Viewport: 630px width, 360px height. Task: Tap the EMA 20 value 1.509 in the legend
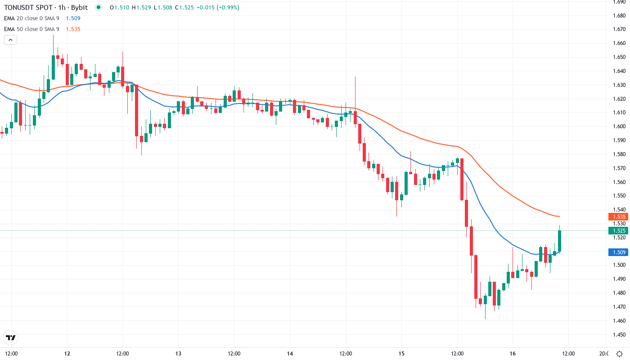click(x=73, y=18)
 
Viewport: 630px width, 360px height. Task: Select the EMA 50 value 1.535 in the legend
click(x=73, y=29)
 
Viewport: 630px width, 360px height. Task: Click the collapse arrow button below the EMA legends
click(x=10, y=40)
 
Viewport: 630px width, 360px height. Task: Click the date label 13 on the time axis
click(x=178, y=354)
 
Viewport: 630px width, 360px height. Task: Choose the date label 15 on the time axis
click(x=402, y=354)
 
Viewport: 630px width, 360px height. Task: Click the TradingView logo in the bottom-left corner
click(x=10, y=337)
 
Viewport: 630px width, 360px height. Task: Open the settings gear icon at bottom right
click(x=619, y=354)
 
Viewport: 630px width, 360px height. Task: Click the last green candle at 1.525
click(x=560, y=241)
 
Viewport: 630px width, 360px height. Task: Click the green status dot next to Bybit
click(x=99, y=8)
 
